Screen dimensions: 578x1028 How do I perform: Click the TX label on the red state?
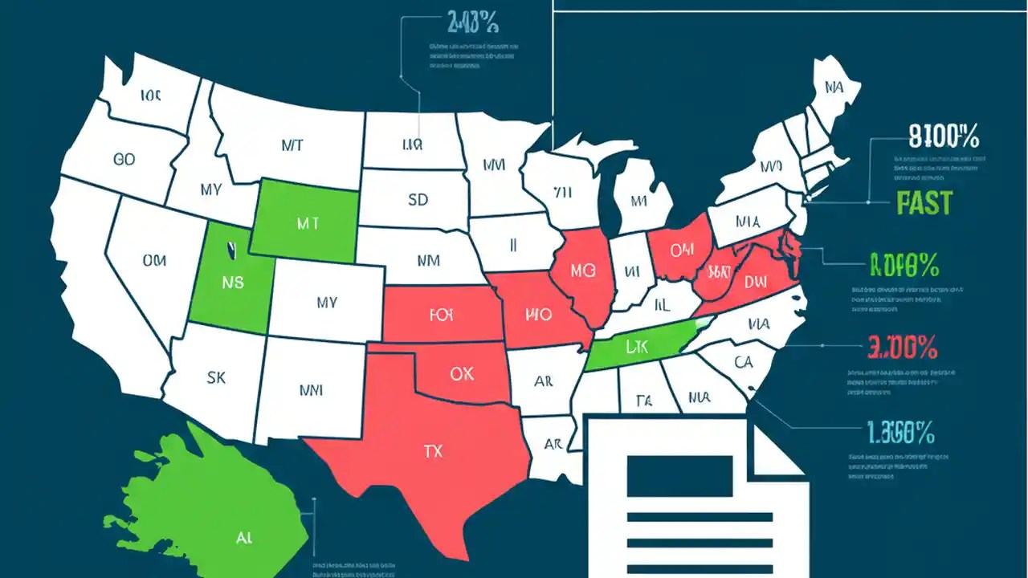[433, 451]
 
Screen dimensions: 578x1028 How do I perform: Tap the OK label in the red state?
[462, 374]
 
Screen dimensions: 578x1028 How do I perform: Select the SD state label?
[418, 200]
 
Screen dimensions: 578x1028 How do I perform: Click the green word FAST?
[924, 204]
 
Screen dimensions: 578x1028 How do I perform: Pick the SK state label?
[216, 377]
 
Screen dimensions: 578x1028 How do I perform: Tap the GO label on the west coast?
[124, 160]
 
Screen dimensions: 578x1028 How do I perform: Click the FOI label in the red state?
[442, 315]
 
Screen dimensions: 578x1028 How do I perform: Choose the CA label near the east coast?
[743, 363]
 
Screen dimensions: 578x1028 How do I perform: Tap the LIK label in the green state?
[636, 348]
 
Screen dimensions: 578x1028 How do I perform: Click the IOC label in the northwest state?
[150, 96]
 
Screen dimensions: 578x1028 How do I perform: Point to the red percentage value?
[903, 348]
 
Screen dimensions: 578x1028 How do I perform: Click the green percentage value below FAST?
[904, 263]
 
